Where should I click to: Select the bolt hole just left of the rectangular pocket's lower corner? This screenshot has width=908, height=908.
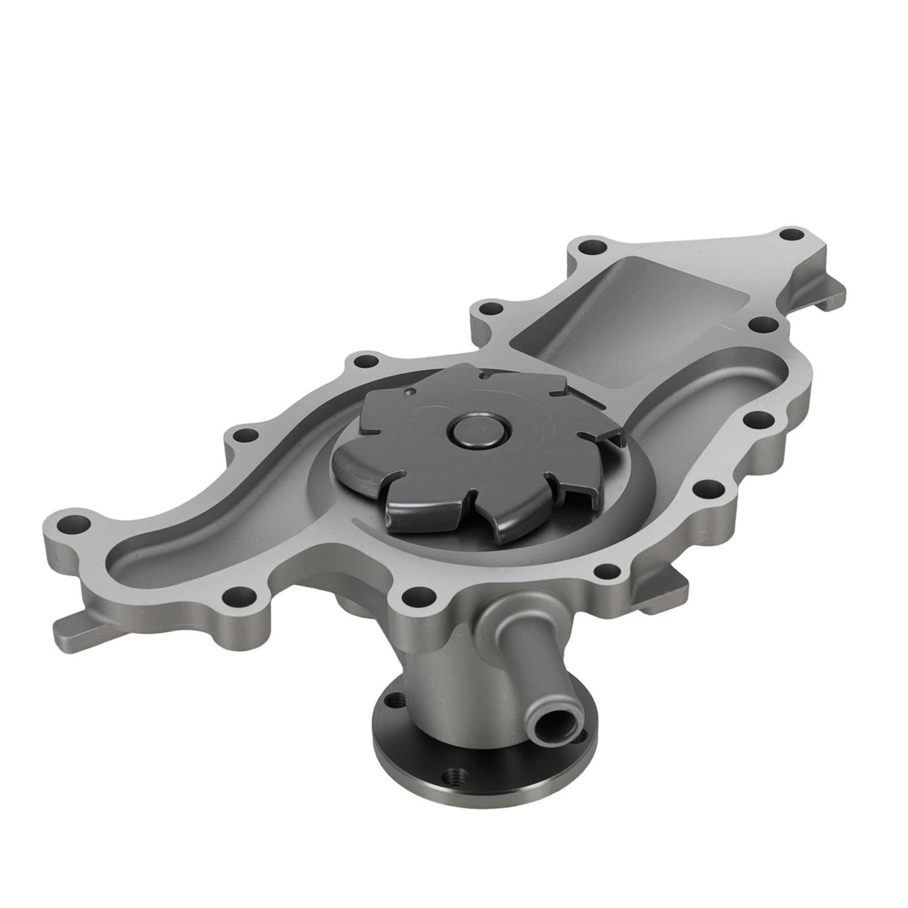coord(489,310)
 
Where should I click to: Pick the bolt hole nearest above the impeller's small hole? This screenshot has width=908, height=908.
coord(367,361)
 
